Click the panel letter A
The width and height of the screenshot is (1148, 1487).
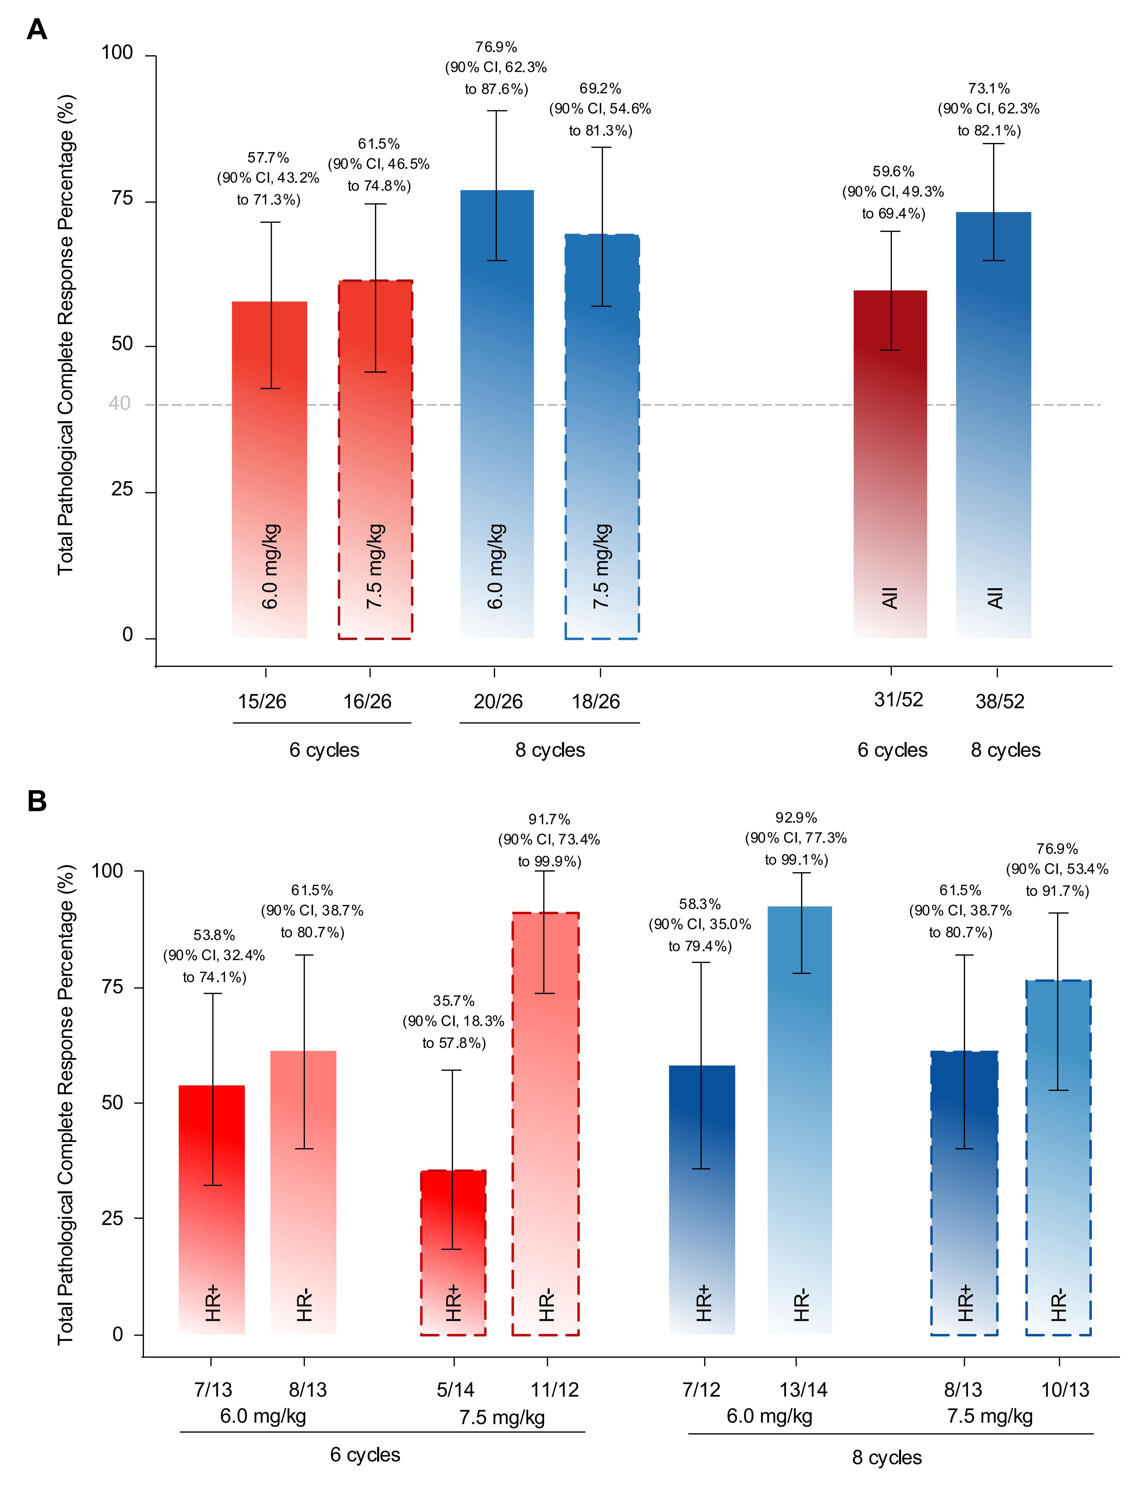pyautogui.click(x=37, y=30)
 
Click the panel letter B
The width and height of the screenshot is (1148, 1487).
pyautogui.click(x=37, y=801)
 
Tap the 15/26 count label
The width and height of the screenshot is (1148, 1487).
pyautogui.click(x=262, y=701)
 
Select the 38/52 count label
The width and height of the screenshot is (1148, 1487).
pyautogui.click(x=1000, y=701)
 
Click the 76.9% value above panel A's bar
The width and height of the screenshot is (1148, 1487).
pyautogui.click(x=496, y=47)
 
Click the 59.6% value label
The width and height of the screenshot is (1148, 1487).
pyautogui.click(x=893, y=172)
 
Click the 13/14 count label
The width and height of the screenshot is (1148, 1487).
pyautogui.click(x=803, y=1390)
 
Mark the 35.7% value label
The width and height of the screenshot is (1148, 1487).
pyautogui.click(x=453, y=1001)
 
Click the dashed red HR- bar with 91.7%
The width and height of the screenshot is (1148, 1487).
pyautogui.click(x=545, y=1123)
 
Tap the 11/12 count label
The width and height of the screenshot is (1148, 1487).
pyautogui.click(x=555, y=1390)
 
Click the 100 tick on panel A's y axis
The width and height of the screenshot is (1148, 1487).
pyautogui.click(x=117, y=53)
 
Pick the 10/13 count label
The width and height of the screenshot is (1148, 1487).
pyautogui.click(x=1065, y=1390)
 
